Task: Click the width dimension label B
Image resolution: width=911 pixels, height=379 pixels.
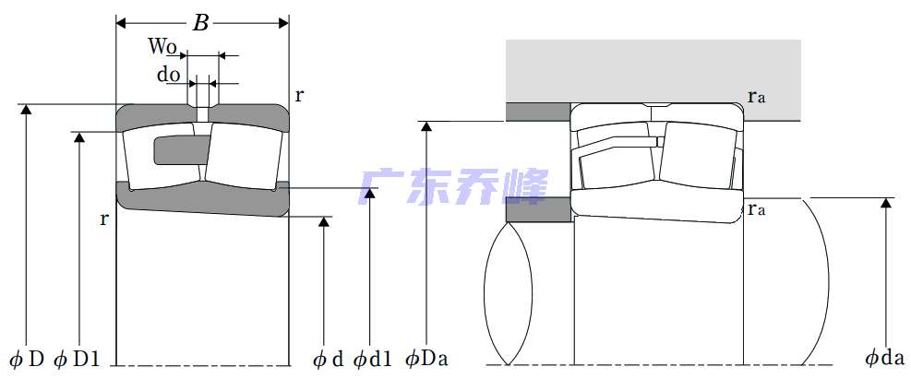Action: [x=200, y=23]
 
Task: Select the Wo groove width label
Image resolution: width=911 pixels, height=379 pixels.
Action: [x=162, y=46]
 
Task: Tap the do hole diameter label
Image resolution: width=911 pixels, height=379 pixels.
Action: [x=169, y=75]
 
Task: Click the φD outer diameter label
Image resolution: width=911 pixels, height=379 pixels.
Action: [x=28, y=360]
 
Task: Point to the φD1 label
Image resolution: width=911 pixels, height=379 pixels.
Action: [x=77, y=360]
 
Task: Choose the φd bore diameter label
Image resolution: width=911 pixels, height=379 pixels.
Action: [x=329, y=360]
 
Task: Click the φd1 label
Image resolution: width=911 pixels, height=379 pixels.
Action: [x=372, y=360]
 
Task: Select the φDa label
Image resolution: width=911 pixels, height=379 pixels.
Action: [x=427, y=360]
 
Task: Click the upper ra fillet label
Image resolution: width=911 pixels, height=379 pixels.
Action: [x=757, y=96]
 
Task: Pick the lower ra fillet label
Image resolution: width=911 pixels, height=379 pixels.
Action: [x=757, y=209]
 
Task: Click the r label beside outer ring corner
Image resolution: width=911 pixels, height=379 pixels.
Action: [x=299, y=95]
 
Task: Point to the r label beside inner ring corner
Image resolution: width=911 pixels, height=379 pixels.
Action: [x=104, y=219]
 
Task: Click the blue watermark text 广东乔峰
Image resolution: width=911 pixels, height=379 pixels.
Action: [x=453, y=187]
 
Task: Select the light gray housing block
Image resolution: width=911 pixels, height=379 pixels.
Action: [x=653, y=80]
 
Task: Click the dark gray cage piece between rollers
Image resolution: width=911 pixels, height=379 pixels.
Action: [x=181, y=149]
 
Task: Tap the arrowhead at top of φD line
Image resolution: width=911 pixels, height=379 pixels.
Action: [x=26, y=109]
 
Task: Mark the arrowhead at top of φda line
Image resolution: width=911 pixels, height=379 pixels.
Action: [x=886, y=203]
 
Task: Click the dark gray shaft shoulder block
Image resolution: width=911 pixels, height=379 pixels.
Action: [x=539, y=209]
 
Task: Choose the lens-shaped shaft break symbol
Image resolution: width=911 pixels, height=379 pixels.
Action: [x=508, y=293]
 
